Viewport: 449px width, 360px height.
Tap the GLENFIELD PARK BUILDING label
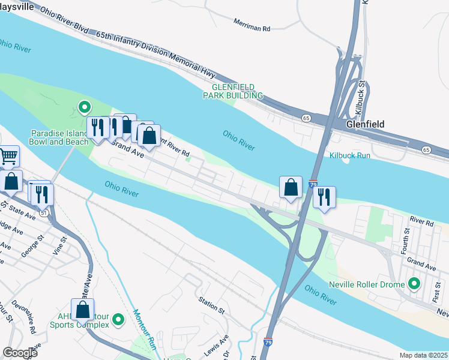[232, 91]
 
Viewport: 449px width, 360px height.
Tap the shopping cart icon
[8, 157]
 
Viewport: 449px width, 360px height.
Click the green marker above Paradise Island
[85, 108]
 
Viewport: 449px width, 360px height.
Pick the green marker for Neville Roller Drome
[414, 283]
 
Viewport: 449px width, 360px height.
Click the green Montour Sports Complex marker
[118, 320]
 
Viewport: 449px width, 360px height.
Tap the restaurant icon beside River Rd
[324, 197]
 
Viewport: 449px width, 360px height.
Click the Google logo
[20, 353]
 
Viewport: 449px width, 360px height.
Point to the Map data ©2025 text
[423, 355]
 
